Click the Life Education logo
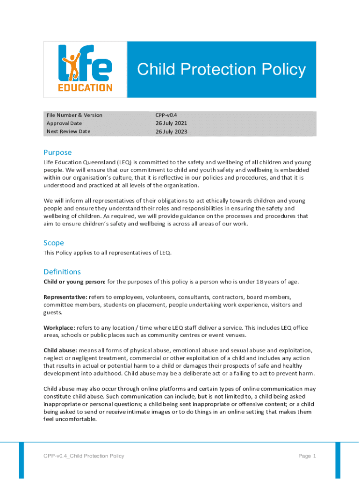(85, 69)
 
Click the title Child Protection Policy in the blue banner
(221, 70)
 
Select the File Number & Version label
(74, 115)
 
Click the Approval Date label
(64, 123)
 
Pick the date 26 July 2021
(172, 123)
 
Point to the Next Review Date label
(68, 131)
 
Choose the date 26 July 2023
(172, 132)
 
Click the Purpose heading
(58, 152)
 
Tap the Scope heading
(54, 243)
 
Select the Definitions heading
(62, 272)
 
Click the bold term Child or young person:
(74, 282)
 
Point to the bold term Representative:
(65, 297)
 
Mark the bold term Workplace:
(59, 327)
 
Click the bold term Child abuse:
(60, 350)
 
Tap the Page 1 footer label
(307, 456)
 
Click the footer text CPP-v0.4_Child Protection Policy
(84, 456)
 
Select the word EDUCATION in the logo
(85, 87)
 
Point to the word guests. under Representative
(53, 312)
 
